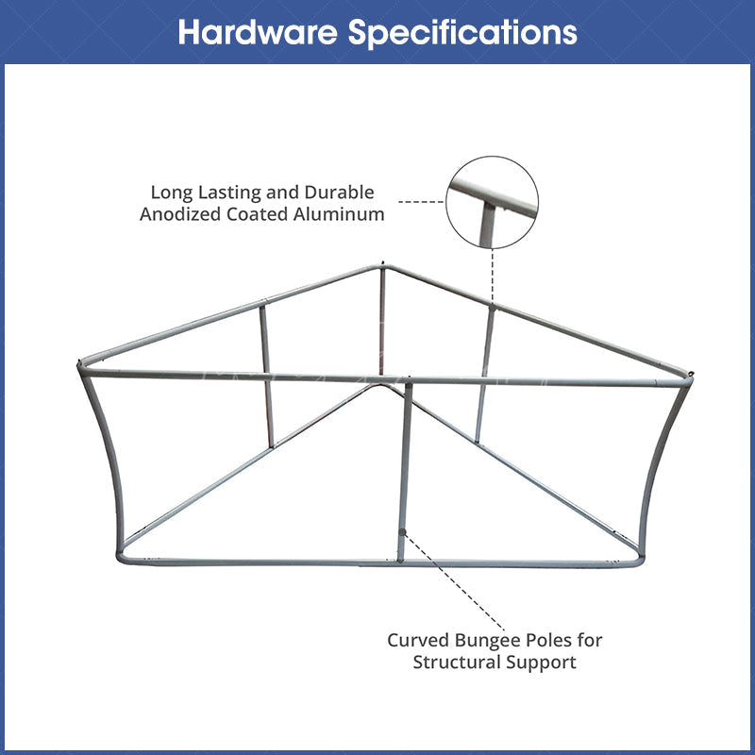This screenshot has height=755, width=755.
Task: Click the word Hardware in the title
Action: point(258,32)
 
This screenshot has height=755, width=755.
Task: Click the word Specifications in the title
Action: point(462,32)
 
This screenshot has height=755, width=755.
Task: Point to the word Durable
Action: point(340,193)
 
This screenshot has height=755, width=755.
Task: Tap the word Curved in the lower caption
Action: point(417,641)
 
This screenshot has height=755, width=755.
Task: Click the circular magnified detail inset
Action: point(492,202)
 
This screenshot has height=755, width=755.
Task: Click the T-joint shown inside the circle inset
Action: point(487,203)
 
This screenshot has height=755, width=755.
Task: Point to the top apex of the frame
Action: point(383,265)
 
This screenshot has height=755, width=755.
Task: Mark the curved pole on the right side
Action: point(663,462)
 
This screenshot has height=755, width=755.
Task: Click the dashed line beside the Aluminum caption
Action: point(421,202)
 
